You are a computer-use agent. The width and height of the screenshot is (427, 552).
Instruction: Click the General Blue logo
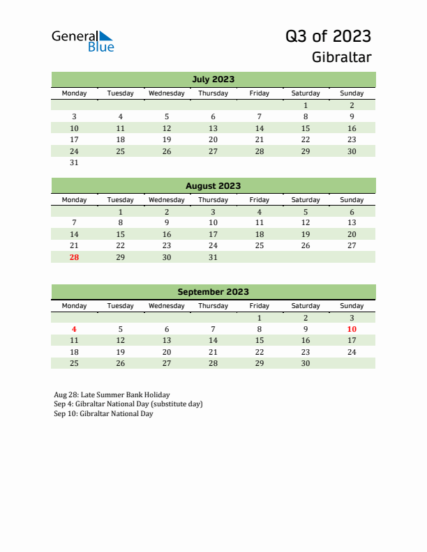pyautogui.click(x=82, y=40)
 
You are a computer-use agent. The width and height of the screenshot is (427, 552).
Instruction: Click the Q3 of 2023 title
pyautogui.click(x=328, y=36)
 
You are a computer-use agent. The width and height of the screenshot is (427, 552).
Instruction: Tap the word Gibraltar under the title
pyautogui.click(x=342, y=57)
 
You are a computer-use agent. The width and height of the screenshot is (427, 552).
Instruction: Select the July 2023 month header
pyautogui.click(x=213, y=79)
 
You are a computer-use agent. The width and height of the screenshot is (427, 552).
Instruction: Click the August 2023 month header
pyautogui.click(x=213, y=186)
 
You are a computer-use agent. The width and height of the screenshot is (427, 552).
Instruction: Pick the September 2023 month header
pyautogui.click(x=213, y=292)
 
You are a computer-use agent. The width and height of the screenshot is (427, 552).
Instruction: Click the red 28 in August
pyautogui.click(x=75, y=257)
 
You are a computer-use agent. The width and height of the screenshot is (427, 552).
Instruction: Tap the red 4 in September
pyautogui.click(x=75, y=329)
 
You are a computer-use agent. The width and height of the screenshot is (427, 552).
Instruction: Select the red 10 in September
pyautogui.click(x=352, y=329)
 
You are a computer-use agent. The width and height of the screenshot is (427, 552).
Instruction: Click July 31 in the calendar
pyautogui.click(x=75, y=163)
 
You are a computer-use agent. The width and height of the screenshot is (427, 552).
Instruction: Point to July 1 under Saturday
pyautogui.click(x=306, y=105)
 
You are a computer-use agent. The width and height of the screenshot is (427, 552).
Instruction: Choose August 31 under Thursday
pyautogui.click(x=213, y=257)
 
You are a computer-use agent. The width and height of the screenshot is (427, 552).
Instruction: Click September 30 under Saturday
pyautogui.click(x=306, y=363)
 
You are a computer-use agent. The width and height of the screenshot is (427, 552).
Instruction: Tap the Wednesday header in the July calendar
pyautogui.click(x=167, y=93)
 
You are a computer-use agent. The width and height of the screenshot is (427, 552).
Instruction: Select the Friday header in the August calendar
pyautogui.click(x=260, y=200)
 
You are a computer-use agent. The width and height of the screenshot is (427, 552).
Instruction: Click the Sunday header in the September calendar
pyautogui.click(x=352, y=306)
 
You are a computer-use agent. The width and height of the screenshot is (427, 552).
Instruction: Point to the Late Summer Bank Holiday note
pyautogui.click(x=112, y=394)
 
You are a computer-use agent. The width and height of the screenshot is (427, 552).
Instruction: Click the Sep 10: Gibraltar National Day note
pyautogui.click(x=103, y=414)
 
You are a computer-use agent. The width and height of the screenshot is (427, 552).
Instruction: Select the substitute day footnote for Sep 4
pyautogui.click(x=128, y=404)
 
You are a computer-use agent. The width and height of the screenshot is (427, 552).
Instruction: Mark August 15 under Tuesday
pyautogui.click(x=121, y=234)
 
